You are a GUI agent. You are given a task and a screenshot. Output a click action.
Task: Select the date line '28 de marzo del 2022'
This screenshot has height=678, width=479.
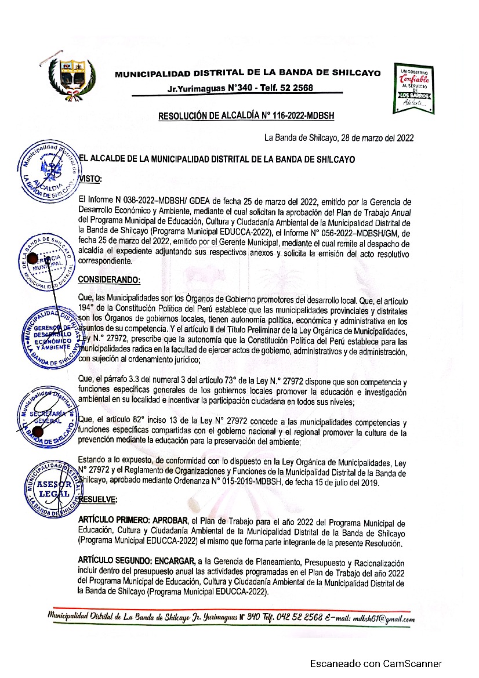(x=339, y=137)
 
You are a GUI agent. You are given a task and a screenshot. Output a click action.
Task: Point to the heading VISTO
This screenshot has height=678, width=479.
(x=90, y=179)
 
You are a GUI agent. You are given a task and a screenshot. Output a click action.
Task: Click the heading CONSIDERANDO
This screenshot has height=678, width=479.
(x=109, y=280)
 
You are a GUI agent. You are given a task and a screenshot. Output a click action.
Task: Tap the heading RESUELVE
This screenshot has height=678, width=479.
(x=97, y=499)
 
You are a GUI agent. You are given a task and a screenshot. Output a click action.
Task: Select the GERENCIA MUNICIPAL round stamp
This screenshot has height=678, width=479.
(x=49, y=263)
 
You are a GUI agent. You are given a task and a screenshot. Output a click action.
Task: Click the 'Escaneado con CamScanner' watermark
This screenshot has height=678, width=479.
(x=376, y=664)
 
